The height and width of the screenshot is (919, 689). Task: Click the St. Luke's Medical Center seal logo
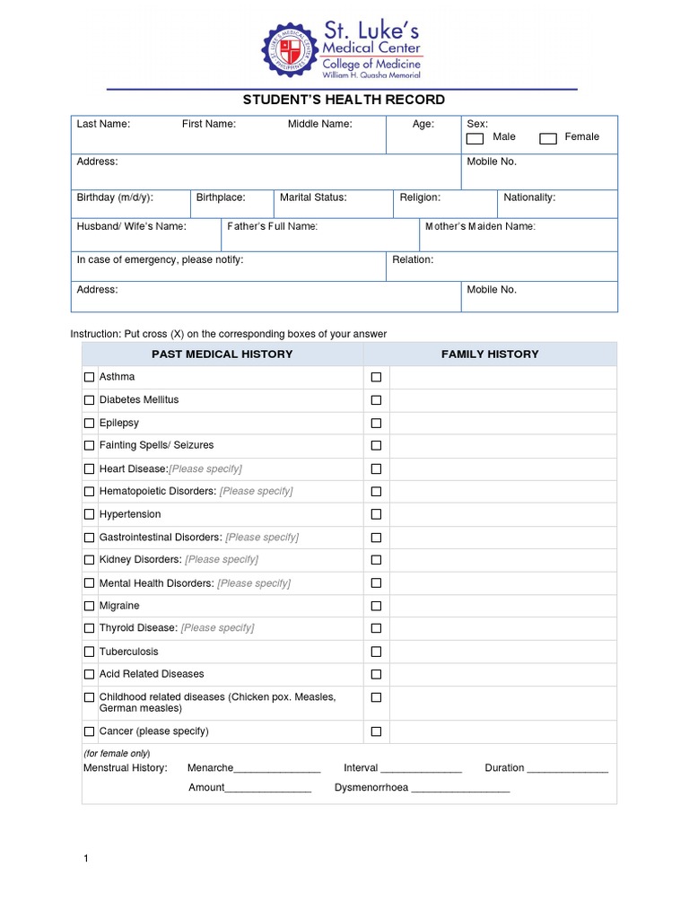(290, 51)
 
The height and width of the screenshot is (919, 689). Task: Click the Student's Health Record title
(344, 100)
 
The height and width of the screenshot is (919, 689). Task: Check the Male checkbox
(475, 138)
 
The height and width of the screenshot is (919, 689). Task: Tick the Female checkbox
(548, 138)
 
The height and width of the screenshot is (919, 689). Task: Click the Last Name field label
(103, 125)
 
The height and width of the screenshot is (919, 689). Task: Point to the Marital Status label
(313, 197)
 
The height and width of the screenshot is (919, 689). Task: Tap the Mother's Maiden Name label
(480, 226)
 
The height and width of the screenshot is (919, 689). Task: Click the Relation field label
(413, 259)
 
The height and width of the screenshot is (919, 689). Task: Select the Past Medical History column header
(222, 354)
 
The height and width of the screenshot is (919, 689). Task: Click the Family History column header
(490, 354)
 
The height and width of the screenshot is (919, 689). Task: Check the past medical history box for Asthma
(89, 377)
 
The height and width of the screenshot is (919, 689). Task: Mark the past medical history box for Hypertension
(89, 514)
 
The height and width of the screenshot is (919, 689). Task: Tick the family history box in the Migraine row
(376, 606)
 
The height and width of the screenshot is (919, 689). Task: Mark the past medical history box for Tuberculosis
(89, 652)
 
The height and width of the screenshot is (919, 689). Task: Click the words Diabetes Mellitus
(138, 399)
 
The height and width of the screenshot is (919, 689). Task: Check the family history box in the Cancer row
(376, 731)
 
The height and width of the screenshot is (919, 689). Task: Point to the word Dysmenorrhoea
(371, 788)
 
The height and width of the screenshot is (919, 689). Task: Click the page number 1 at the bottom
(86, 859)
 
